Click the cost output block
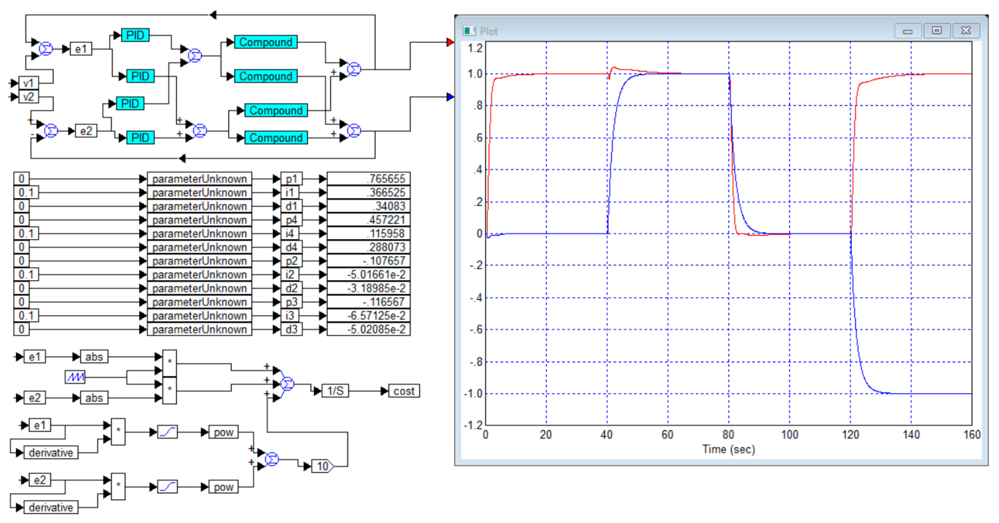404,391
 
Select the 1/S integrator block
335,391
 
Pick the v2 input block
28,97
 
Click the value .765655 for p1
368,179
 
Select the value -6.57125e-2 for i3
368,316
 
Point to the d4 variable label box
291,247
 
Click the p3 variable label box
291,302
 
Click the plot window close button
966,31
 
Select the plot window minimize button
907,31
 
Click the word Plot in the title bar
489,31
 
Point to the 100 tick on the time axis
789,435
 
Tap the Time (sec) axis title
728,449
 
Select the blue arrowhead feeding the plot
450,97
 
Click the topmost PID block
135,35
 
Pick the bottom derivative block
51,507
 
